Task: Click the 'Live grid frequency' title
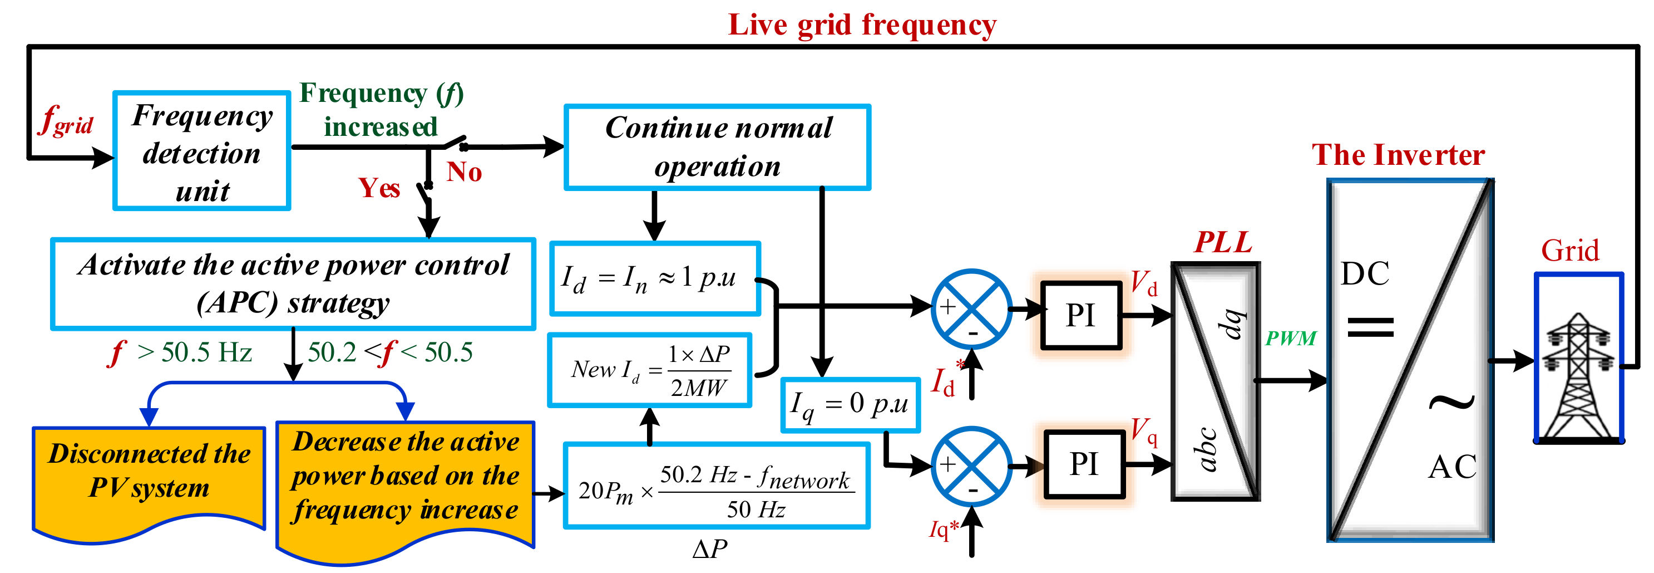point(862,26)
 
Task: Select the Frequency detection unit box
point(201,151)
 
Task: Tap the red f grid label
point(66,121)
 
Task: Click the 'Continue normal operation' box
point(717,147)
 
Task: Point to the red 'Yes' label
point(379,188)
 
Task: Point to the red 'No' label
point(464,172)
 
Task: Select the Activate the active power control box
point(293,284)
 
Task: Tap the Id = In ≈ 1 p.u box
point(655,279)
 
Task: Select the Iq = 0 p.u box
point(850,405)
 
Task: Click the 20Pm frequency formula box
point(717,486)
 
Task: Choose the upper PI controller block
point(1080,315)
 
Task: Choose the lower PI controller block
point(1084,464)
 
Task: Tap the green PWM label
point(1290,339)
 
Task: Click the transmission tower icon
point(1579,376)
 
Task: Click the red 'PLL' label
point(1222,243)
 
